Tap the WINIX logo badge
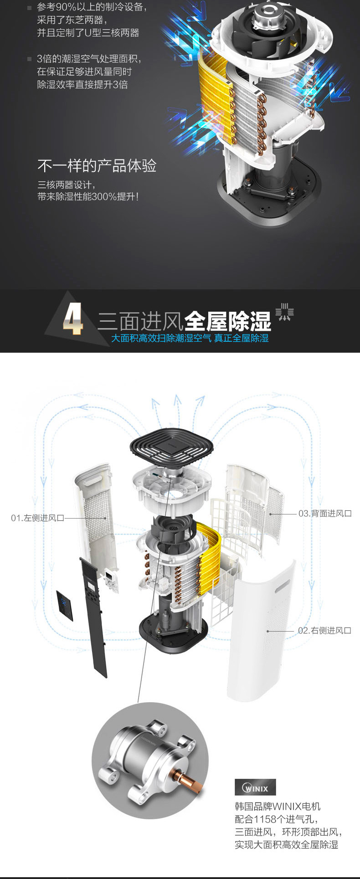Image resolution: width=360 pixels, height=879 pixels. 255,787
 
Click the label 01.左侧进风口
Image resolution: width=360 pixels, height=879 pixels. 38,518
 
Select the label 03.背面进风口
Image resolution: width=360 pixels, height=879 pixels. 325,514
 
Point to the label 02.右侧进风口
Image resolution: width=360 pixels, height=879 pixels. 325,631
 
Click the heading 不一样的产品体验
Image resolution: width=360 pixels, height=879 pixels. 97,165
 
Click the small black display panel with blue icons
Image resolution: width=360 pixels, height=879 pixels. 65,606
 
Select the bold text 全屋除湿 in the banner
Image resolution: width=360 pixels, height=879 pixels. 228,321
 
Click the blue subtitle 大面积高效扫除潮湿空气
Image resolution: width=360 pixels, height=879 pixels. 161,338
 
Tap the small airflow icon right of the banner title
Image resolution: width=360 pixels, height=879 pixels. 284,312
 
